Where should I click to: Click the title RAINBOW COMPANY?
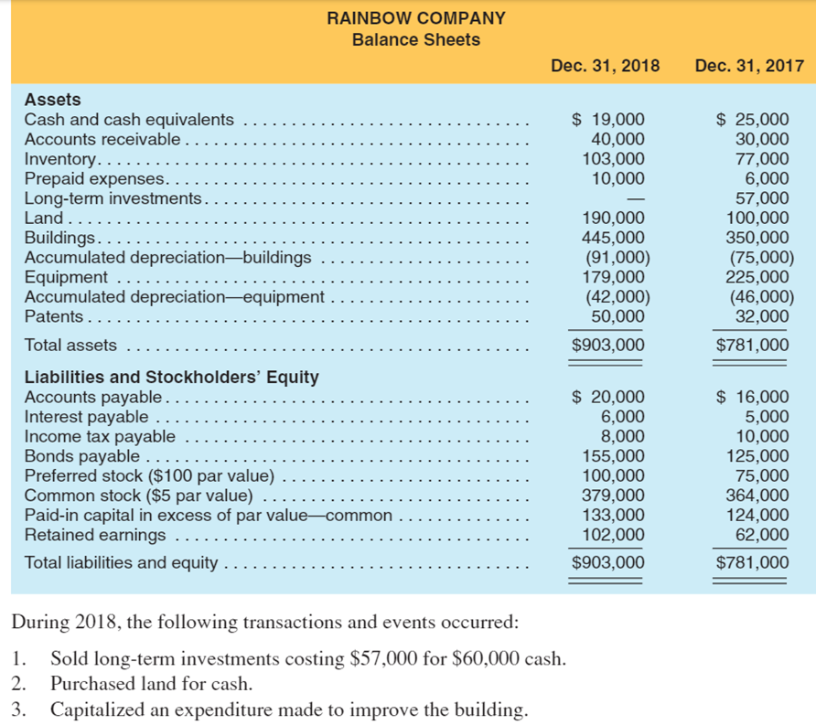[x=416, y=17]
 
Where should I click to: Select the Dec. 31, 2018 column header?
[x=605, y=66]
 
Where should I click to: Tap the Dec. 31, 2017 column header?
[x=749, y=66]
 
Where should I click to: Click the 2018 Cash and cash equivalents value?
[x=607, y=120]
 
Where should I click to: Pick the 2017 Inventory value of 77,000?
[x=762, y=159]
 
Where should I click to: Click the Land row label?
[x=43, y=219]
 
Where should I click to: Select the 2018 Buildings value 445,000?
[x=614, y=238]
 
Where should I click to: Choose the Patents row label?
[x=53, y=316]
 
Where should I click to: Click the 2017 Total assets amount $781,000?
[x=751, y=345]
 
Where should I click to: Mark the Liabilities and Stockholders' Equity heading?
[x=171, y=377]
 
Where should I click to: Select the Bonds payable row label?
[x=81, y=455]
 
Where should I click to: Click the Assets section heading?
[x=52, y=100]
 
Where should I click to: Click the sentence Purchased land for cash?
[x=151, y=684]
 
